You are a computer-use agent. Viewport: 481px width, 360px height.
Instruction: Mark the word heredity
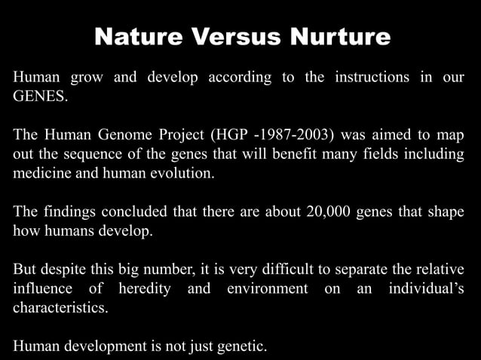pos(143,289)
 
